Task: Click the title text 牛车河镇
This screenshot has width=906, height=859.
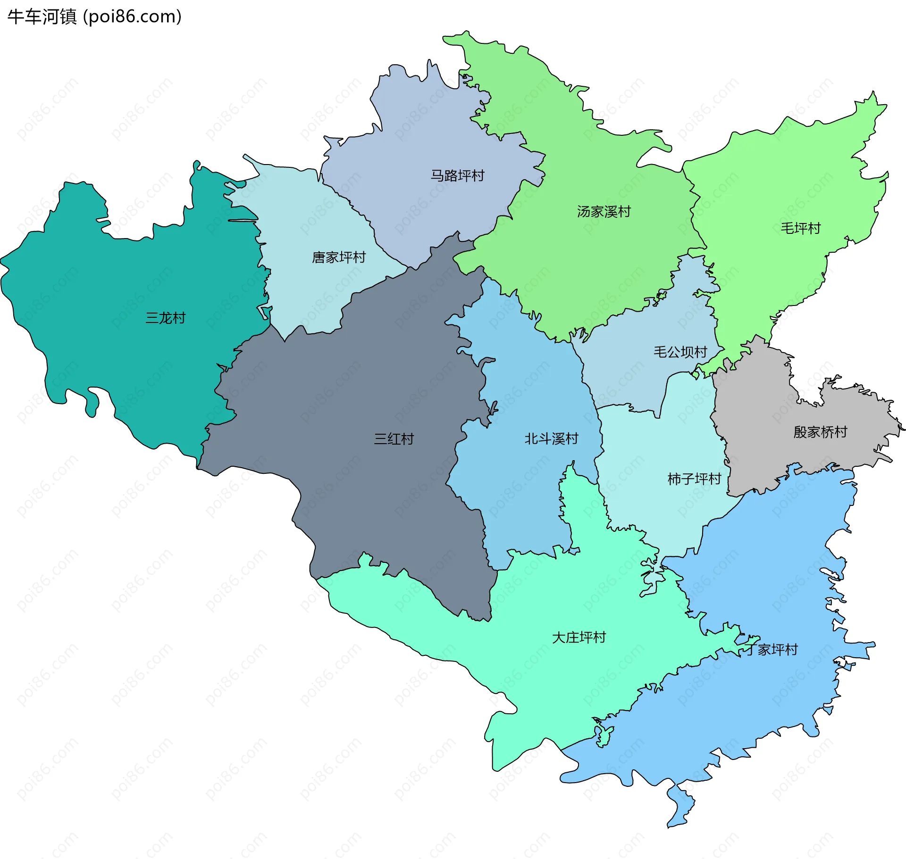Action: pyautogui.click(x=42, y=17)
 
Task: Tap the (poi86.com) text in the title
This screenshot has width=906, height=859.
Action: pyautogui.click(x=133, y=17)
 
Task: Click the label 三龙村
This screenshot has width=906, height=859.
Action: pyautogui.click(x=165, y=318)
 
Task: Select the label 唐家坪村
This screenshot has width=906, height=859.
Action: pyautogui.click(x=339, y=257)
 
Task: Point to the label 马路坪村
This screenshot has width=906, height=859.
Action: pyautogui.click(x=457, y=176)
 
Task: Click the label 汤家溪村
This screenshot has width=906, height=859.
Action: pyautogui.click(x=604, y=212)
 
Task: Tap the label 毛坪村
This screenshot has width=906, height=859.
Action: pyautogui.click(x=800, y=229)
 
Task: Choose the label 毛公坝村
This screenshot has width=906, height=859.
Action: pyautogui.click(x=680, y=352)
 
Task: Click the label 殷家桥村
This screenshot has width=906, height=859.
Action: pyautogui.click(x=820, y=432)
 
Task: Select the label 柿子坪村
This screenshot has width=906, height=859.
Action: pyautogui.click(x=694, y=479)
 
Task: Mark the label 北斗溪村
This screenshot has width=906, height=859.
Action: pyautogui.click(x=551, y=439)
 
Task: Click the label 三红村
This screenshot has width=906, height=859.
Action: pyautogui.click(x=394, y=439)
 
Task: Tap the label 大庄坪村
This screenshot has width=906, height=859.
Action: pyautogui.click(x=579, y=637)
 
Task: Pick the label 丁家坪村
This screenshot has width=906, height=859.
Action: pyautogui.click(x=772, y=650)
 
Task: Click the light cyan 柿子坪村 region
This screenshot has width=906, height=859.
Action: pyautogui.click(x=661, y=514)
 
